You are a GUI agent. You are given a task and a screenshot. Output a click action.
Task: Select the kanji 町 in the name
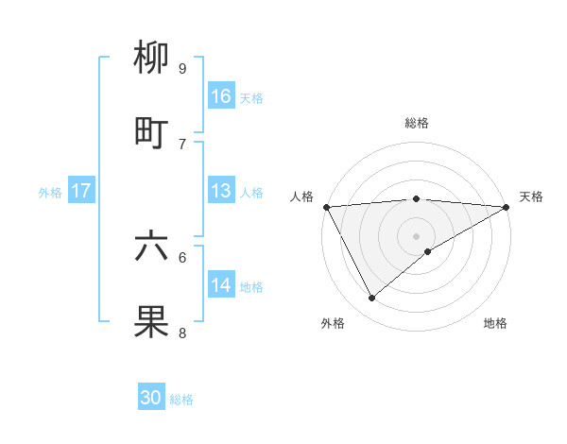click(151, 132)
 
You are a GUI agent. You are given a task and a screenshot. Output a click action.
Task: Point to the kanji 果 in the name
click(151, 321)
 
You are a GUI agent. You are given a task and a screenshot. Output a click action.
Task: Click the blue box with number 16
click(221, 95)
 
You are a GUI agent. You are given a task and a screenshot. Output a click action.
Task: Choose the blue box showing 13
click(221, 190)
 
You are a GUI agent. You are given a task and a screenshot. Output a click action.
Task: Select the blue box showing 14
click(221, 284)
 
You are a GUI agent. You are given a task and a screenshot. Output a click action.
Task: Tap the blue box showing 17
click(81, 190)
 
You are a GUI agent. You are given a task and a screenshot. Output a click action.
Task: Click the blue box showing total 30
click(151, 398)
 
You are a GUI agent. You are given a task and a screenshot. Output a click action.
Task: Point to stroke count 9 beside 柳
click(181, 68)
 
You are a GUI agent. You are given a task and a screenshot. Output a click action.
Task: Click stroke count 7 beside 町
click(181, 144)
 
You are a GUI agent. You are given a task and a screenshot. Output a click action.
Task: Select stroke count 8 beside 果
click(181, 333)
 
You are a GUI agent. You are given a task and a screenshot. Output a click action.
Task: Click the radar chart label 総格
click(417, 123)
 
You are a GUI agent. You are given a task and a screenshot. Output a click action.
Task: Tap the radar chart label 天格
click(531, 196)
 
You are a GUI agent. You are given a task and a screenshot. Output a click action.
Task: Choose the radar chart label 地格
click(495, 323)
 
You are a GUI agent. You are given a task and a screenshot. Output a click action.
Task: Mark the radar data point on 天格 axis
click(507, 207)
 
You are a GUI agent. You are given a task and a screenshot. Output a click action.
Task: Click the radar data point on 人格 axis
click(327, 207)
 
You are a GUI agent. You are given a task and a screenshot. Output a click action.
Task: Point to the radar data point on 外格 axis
click(372, 298)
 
